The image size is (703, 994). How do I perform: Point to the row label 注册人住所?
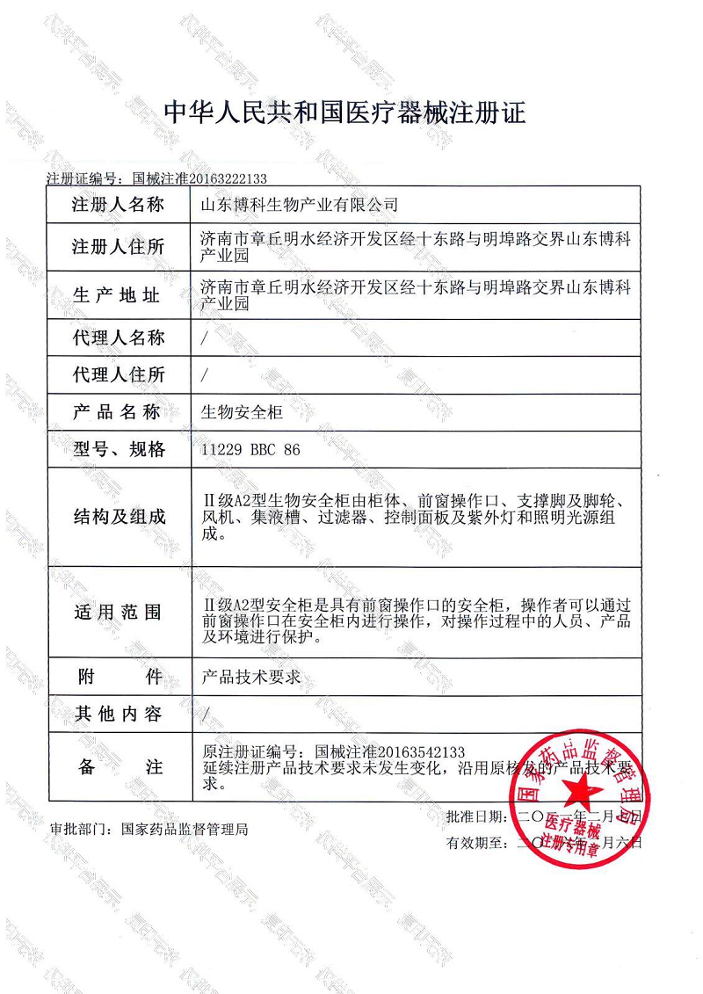coord(119,247)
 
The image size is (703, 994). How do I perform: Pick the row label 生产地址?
coord(119,295)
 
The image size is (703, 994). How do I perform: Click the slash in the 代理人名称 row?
coord(205,337)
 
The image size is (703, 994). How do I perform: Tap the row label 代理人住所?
coord(119,375)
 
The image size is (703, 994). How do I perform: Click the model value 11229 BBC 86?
coord(251,450)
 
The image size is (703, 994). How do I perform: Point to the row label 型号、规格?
coord(119,450)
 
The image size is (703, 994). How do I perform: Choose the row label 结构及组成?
coord(119,517)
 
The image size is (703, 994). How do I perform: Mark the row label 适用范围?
coord(119,613)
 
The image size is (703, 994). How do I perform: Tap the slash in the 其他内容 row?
coord(205,715)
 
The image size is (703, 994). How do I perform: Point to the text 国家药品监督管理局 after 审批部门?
coord(185,828)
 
